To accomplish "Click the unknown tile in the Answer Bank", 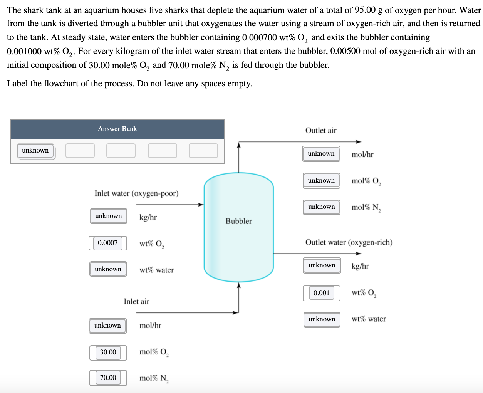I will pyautogui.click(x=35, y=151).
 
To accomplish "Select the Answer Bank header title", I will pyautogui.click(x=117, y=129).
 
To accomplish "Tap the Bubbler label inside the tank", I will pyautogui.click(x=238, y=221).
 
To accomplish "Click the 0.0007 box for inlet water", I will pyautogui.click(x=107, y=243).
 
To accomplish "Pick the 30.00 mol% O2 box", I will pyautogui.click(x=108, y=352).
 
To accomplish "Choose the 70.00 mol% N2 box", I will pyautogui.click(x=108, y=378).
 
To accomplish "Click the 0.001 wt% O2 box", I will pyautogui.click(x=321, y=293).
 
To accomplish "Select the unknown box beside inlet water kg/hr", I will pyautogui.click(x=108, y=216).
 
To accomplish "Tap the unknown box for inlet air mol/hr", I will pyautogui.click(x=107, y=325).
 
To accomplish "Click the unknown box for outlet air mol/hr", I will pyautogui.click(x=321, y=153).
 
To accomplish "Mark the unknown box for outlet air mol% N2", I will pyautogui.click(x=321, y=207).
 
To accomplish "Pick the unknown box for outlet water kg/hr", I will pyautogui.click(x=322, y=265).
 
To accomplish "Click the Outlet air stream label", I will pyautogui.click(x=320, y=131).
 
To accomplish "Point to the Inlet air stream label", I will pyautogui.click(x=136, y=301).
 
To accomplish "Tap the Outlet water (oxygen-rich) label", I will pyautogui.click(x=349, y=242).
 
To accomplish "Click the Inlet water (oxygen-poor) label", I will pyautogui.click(x=136, y=193).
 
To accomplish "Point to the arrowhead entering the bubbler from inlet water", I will pyautogui.click(x=201, y=205).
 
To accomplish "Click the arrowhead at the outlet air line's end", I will pyautogui.click(x=359, y=142).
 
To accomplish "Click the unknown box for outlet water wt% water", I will pyautogui.click(x=322, y=319).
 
